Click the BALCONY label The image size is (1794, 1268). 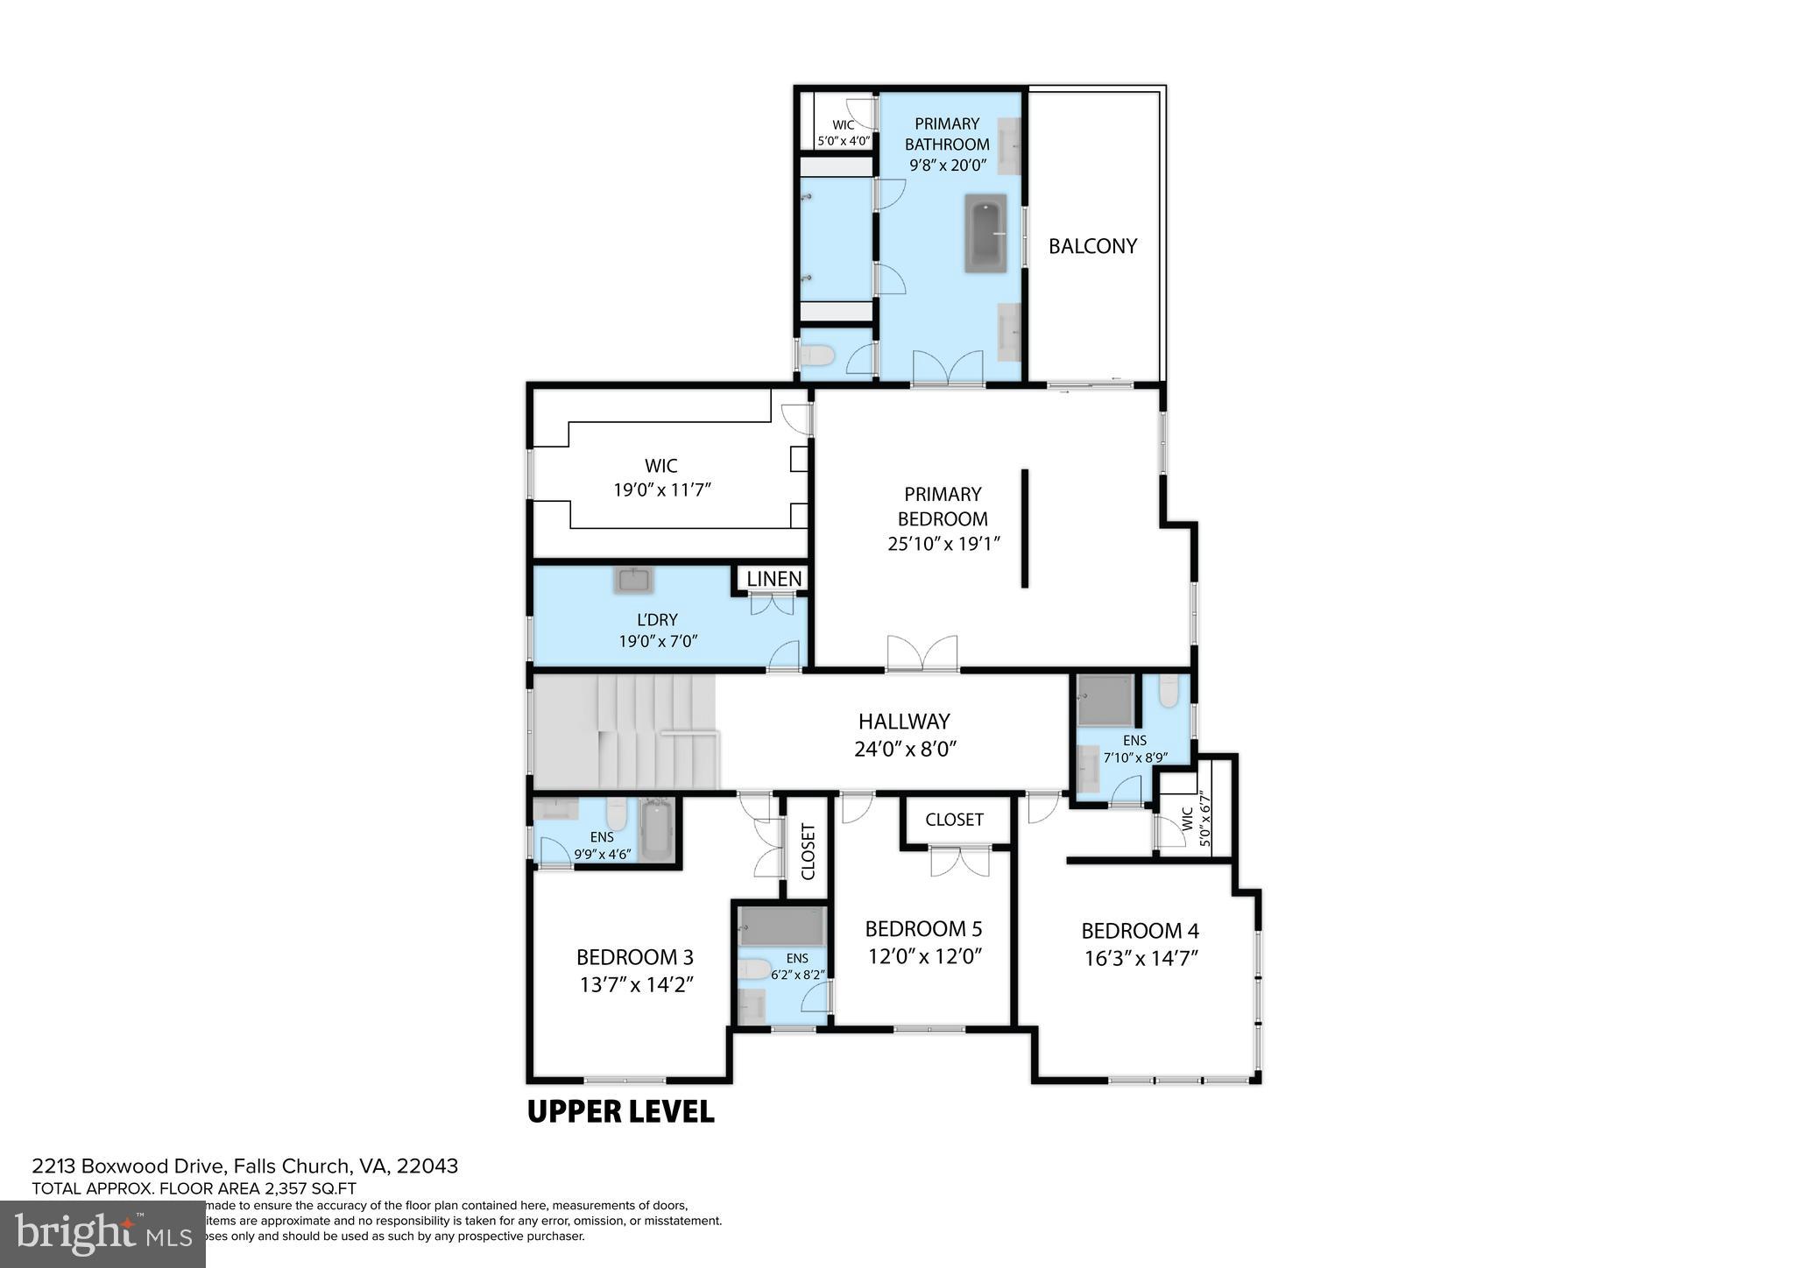(x=1092, y=246)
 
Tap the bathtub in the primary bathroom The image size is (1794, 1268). (x=985, y=233)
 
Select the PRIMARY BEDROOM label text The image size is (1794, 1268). (x=943, y=506)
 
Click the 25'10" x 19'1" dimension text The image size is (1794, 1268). (x=943, y=544)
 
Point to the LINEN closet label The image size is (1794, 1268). (x=773, y=579)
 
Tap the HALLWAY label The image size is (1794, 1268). (x=904, y=722)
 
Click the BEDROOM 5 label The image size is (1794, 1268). (x=923, y=928)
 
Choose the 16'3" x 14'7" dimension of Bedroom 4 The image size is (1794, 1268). (x=1141, y=959)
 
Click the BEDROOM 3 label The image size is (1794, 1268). (x=635, y=957)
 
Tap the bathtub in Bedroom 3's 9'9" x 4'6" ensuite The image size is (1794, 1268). (x=654, y=830)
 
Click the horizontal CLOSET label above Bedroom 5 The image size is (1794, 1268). (x=954, y=820)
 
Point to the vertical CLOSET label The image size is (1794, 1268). (x=808, y=851)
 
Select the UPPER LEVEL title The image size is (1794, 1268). (x=620, y=1111)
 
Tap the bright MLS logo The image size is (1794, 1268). (x=102, y=1234)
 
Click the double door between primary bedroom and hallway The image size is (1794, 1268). (x=922, y=655)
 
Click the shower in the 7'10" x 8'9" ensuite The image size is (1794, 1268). (x=1105, y=700)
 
